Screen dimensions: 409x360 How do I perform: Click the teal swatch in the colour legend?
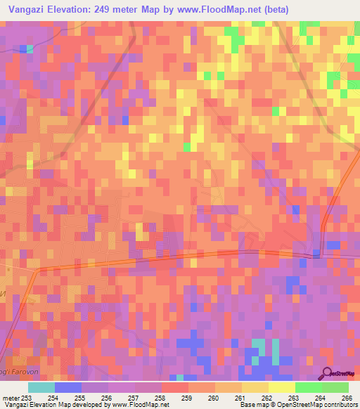41,387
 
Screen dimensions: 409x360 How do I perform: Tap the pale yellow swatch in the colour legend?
281,387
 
